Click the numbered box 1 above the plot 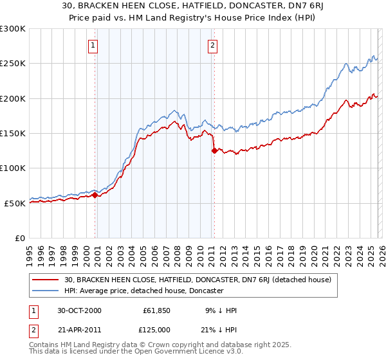pos(94,45)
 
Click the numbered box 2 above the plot pos(212,45)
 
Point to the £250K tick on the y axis pos(13,64)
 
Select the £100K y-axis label pos(13,168)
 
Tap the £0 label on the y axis pos(19,238)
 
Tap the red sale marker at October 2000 pos(95,195)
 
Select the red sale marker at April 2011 pos(214,151)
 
